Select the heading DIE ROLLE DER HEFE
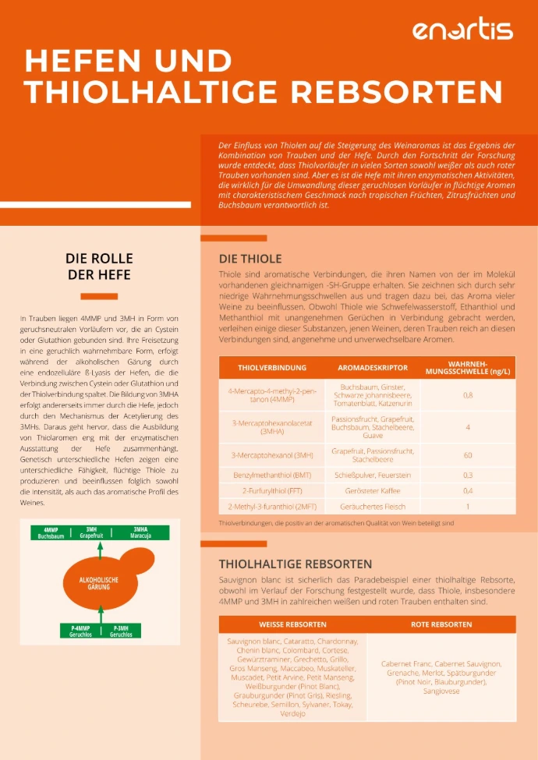click(98, 267)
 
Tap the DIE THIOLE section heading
click(250, 259)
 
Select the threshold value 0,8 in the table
click(468, 395)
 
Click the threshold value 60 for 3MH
click(468, 454)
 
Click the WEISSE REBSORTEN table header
click(292, 624)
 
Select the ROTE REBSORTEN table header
click(441, 624)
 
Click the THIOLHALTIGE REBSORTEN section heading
click(295, 563)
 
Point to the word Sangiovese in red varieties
click(441, 691)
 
